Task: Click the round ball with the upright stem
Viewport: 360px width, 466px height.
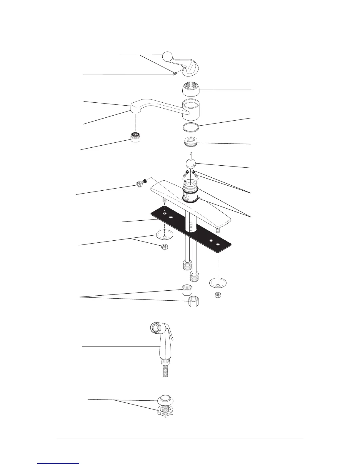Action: (191, 164)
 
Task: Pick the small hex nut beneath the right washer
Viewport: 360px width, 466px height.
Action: (218, 295)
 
